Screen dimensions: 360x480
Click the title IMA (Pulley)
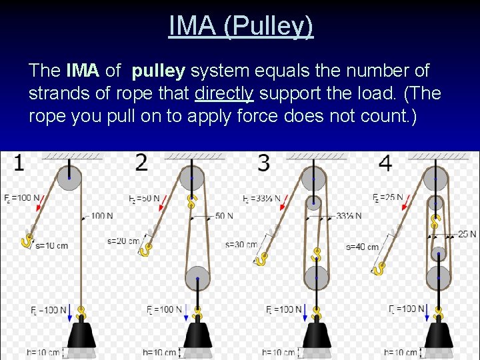[240, 26]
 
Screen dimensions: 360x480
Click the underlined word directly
[224, 93]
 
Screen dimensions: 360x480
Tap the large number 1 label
[19, 162]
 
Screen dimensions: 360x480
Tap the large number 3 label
[264, 163]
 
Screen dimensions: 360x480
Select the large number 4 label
[385, 163]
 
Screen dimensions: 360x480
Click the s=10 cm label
[51, 246]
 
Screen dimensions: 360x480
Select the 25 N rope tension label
[467, 234]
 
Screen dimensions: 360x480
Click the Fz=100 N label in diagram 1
[21, 199]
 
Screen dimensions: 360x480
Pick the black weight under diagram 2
[197, 336]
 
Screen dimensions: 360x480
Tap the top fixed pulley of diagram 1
[69, 177]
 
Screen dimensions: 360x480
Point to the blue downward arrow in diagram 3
[307, 312]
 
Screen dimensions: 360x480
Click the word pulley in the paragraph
[161, 71]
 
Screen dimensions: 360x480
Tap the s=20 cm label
[123, 241]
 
